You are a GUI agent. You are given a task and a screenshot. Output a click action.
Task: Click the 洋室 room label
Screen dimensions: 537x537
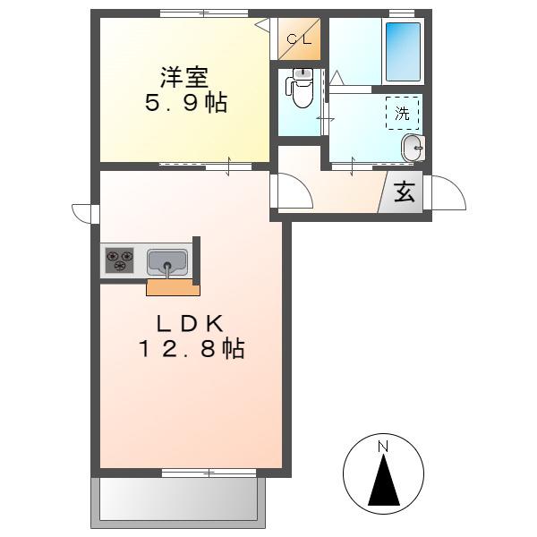pyautogui.click(x=184, y=77)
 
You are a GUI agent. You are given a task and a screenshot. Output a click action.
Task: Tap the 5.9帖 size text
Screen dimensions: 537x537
pyautogui.click(x=185, y=103)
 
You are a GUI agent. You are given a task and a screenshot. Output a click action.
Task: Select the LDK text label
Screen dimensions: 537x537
pyautogui.click(x=191, y=324)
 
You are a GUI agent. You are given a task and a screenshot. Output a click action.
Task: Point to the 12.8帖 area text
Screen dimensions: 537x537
pyautogui.click(x=192, y=349)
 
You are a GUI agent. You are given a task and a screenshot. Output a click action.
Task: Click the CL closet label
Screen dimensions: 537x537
pyautogui.click(x=299, y=39)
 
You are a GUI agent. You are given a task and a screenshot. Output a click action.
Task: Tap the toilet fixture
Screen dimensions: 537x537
pyautogui.click(x=301, y=88)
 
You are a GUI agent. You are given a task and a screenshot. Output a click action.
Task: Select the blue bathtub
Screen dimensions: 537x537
pyautogui.click(x=403, y=52)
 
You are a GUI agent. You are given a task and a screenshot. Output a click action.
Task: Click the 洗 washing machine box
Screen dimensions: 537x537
pyautogui.click(x=403, y=113)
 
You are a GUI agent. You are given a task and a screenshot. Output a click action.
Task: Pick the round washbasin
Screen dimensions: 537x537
pyautogui.click(x=413, y=148)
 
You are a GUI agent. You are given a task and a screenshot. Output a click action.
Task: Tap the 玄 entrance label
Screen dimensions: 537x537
pyautogui.click(x=405, y=192)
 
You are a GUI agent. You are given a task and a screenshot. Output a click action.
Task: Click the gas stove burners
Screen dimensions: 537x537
pyautogui.click(x=119, y=260)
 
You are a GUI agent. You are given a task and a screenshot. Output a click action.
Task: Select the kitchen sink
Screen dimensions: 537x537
pyautogui.click(x=167, y=262)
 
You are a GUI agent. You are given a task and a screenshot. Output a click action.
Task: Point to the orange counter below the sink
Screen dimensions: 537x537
pyautogui.click(x=173, y=287)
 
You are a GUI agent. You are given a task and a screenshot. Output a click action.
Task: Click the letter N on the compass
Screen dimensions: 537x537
pyautogui.click(x=383, y=447)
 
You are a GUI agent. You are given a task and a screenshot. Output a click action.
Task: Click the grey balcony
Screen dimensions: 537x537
pyautogui.click(x=178, y=503)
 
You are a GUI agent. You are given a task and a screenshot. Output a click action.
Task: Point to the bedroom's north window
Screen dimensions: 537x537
pyautogui.click(x=204, y=13)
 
